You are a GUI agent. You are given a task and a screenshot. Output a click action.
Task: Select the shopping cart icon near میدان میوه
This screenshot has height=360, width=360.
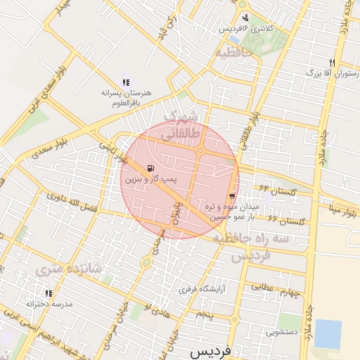232,196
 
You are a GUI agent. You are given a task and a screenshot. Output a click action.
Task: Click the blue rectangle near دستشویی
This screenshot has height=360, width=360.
327,333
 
